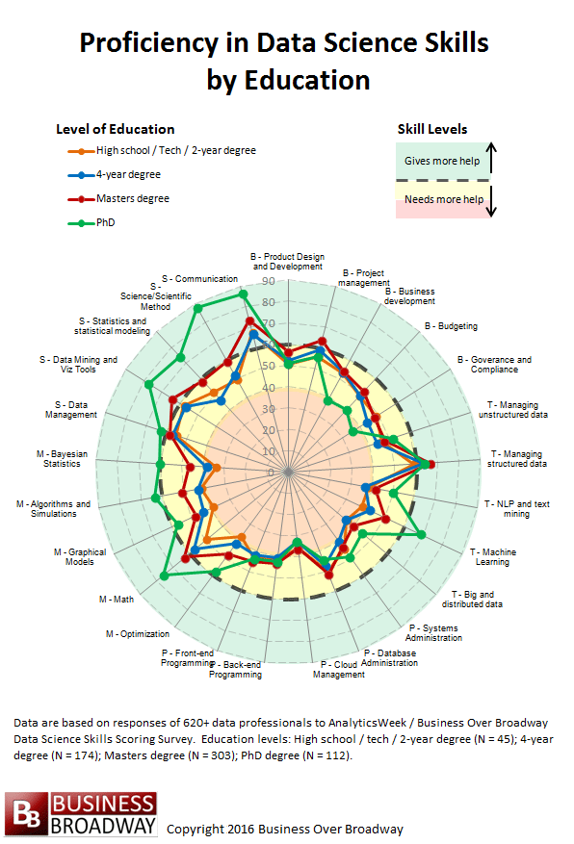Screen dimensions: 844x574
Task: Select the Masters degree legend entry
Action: pyautogui.click(x=132, y=199)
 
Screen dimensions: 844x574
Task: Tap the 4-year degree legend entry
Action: pyautogui.click(x=128, y=175)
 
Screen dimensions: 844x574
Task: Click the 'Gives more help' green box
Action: pyautogui.click(x=442, y=161)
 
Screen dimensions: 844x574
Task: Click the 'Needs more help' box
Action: pyautogui.click(x=442, y=199)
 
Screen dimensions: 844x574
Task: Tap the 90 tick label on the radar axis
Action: pyautogui.click(x=268, y=281)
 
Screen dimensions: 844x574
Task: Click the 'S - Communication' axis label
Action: pyautogui.click(x=199, y=279)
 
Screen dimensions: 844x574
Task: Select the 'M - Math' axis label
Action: pyautogui.click(x=117, y=600)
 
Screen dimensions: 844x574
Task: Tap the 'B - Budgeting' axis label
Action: pyautogui.click(x=451, y=326)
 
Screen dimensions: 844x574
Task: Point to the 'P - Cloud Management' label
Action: pyautogui.click(x=339, y=669)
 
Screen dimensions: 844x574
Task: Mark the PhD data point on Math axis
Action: pyautogui.click(x=164, y=575)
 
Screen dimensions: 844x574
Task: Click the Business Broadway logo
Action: pyautogui.click(x=80, y=814)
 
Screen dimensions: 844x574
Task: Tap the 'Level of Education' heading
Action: pyautogui.click(x=116, y=129)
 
